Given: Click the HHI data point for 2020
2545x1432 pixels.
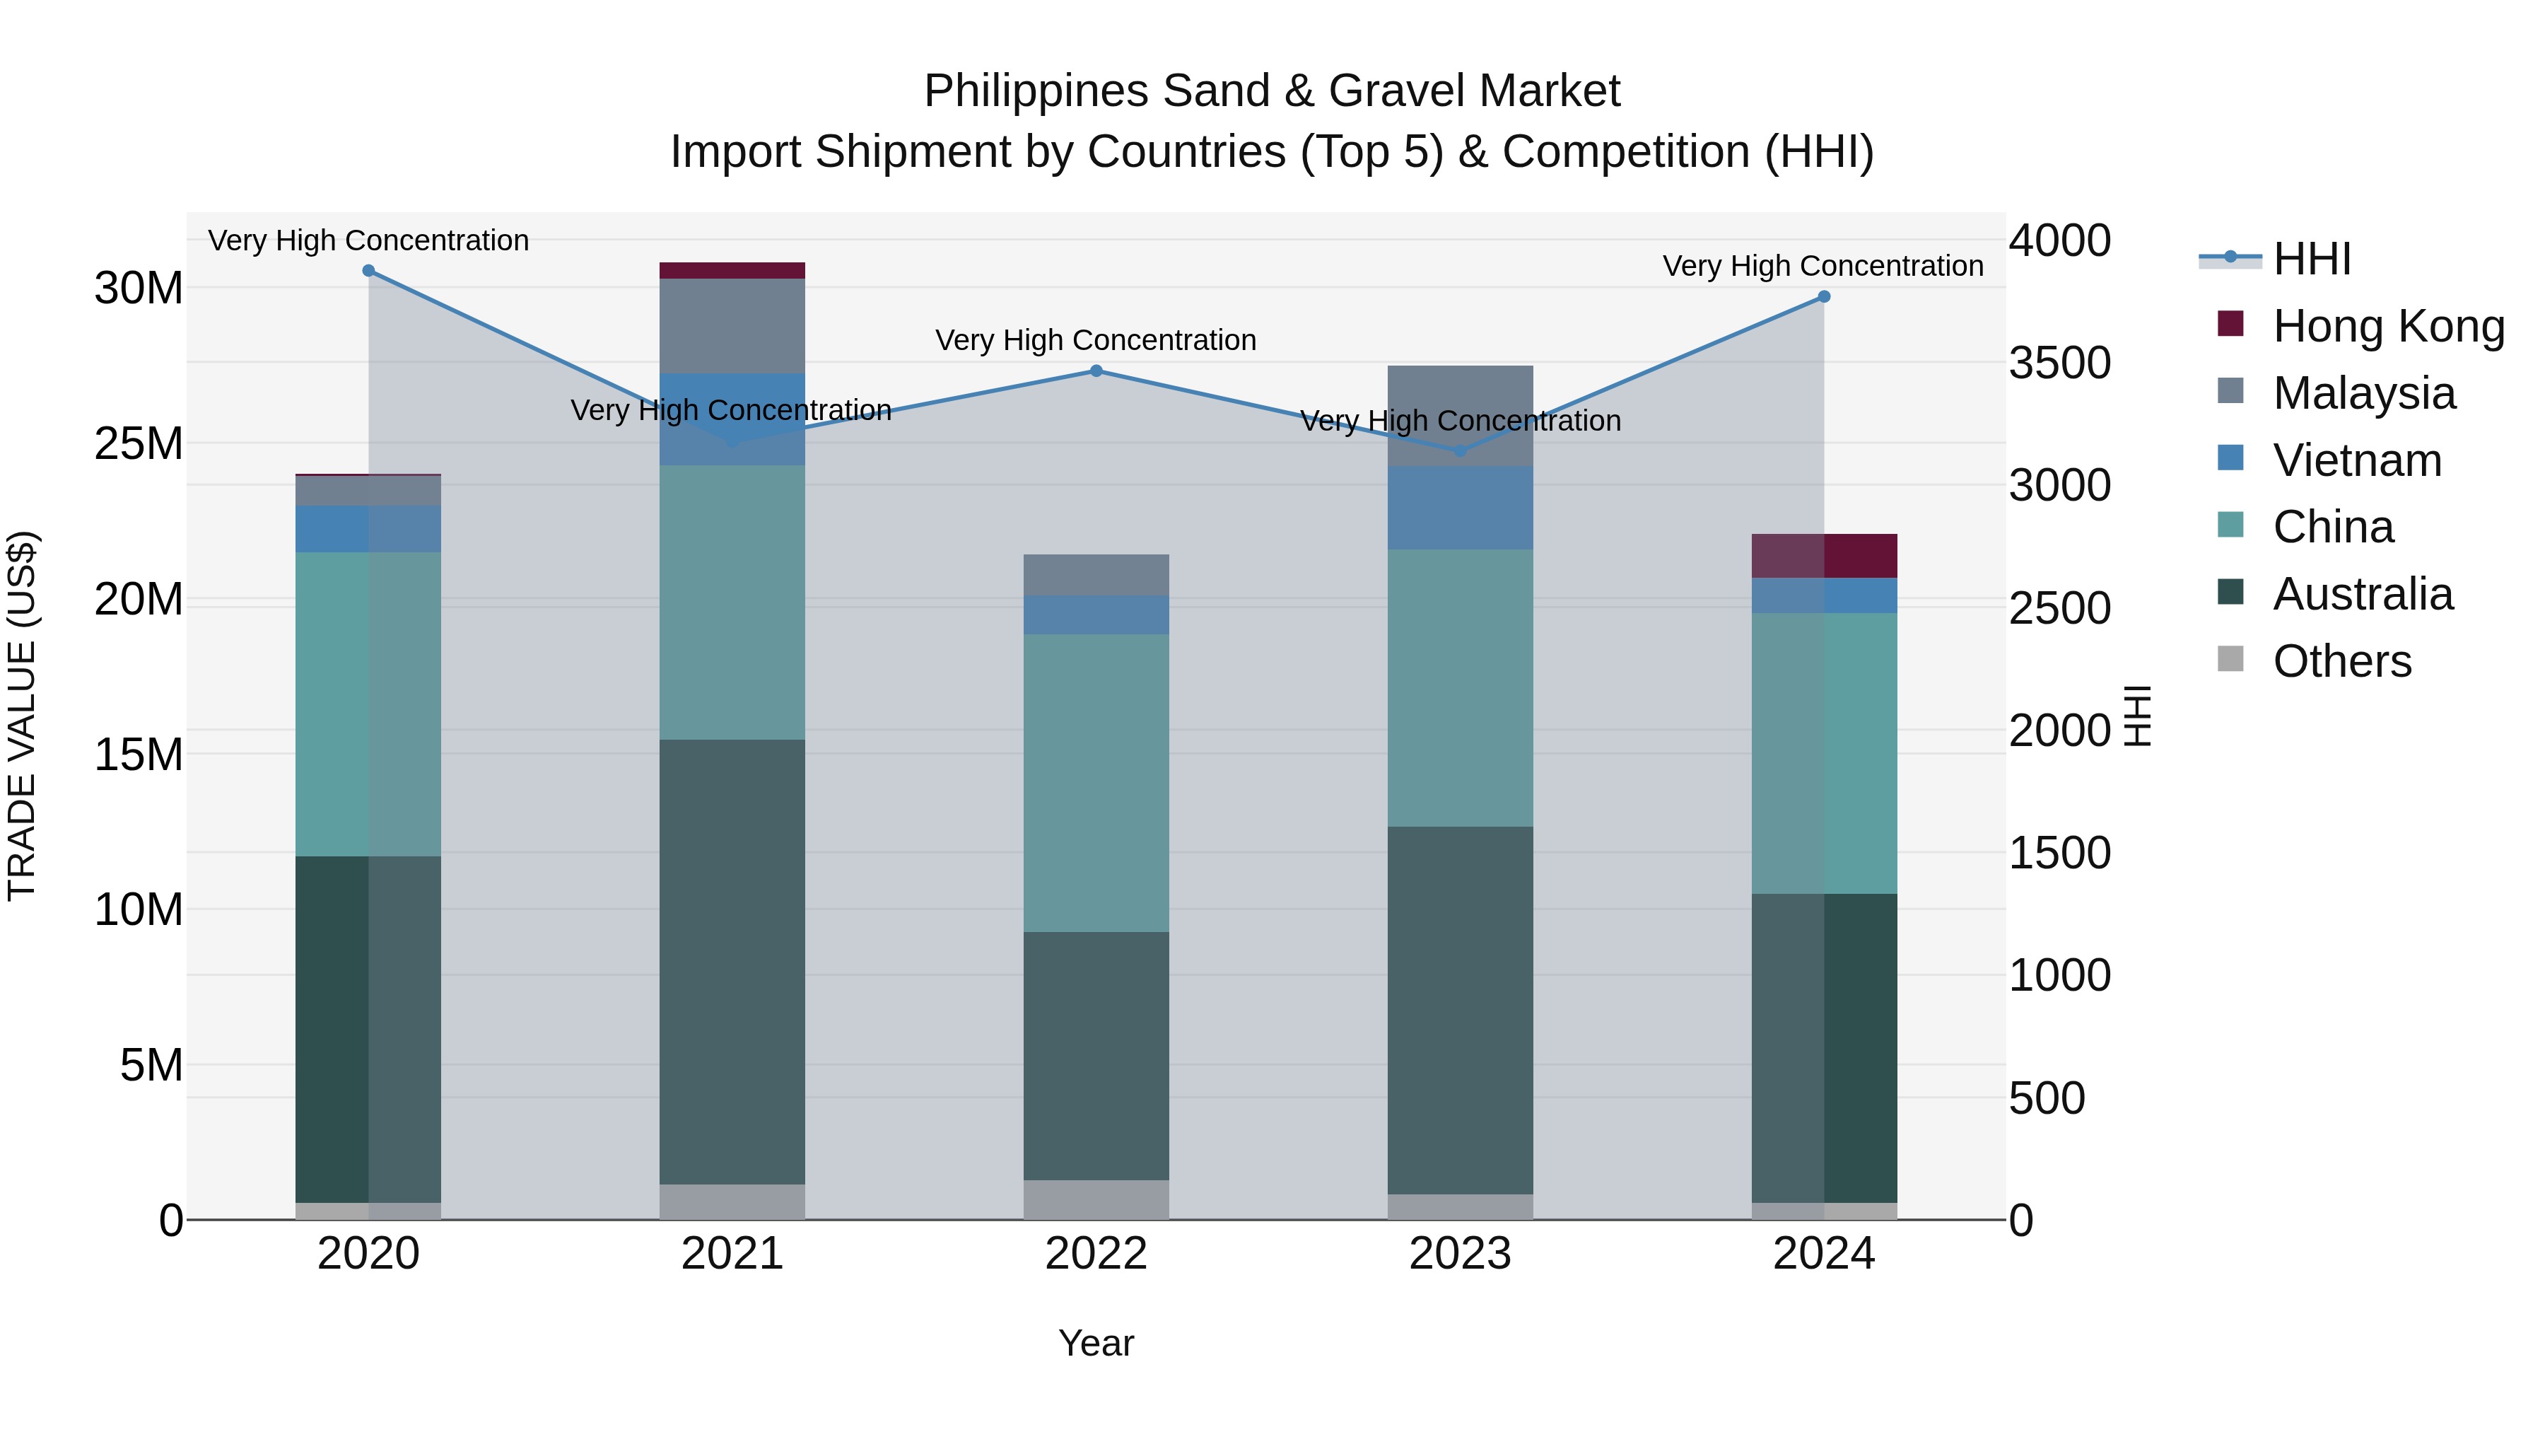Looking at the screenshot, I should click(368, 271).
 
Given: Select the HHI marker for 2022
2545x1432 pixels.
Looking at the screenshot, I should click(1096, 371).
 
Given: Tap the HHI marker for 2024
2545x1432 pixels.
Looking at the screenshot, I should click(1824, 296).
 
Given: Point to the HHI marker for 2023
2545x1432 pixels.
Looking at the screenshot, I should click(1461, 450).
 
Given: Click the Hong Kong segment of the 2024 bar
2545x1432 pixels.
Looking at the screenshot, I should click(1824, 555).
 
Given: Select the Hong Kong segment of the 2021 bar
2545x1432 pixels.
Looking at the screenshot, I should click(732, 271).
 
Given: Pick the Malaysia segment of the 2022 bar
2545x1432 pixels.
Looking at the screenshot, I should click(1096, 575).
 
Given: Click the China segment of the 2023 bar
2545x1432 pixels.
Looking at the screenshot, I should click(1461, 688).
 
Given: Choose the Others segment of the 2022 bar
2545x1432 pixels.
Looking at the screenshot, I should click(1096, 1200).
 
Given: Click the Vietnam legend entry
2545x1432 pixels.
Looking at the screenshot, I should click(2356, 460).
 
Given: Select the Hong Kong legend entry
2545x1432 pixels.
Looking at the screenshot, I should click(2388, 326).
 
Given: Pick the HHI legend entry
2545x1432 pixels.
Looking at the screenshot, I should click(2311, 259).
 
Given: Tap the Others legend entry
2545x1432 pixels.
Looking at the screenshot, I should click(2341, 661).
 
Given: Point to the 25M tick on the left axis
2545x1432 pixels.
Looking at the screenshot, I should click(139, 443).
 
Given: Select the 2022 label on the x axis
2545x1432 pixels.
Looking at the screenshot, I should click(1096, 1254).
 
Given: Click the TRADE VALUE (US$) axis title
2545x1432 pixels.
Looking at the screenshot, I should click(23, 716).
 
